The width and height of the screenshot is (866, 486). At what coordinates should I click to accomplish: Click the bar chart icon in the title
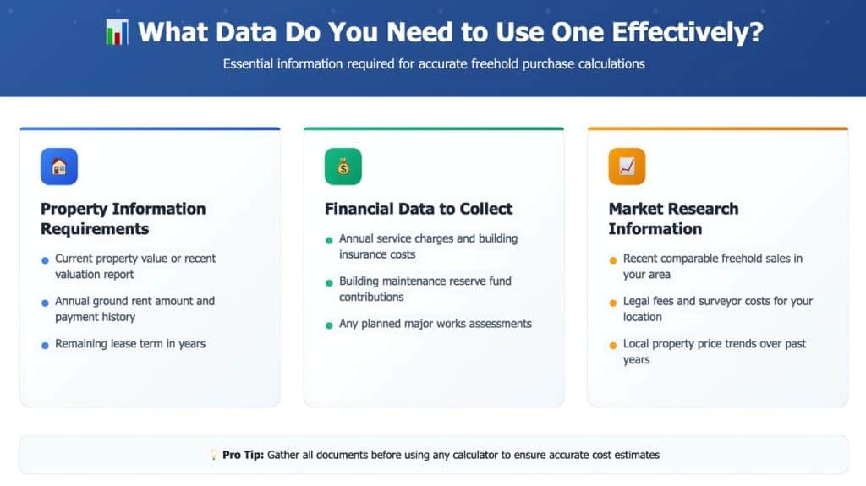(117, 33)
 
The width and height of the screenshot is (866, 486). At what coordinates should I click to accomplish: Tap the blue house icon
(59, 167)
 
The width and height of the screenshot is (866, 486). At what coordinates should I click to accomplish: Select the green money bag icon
(343, 167)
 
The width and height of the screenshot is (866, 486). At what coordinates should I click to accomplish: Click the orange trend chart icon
(627, 167)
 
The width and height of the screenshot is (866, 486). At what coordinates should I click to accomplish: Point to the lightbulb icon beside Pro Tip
(213, 455)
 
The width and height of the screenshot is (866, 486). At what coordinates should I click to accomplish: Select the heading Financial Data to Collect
(419, 209)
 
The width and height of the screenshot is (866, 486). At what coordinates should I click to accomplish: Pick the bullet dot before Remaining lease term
(45, 345)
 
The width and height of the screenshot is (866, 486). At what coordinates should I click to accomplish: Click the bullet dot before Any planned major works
(329, 325)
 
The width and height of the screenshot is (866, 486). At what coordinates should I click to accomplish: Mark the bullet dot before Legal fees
(613, 303)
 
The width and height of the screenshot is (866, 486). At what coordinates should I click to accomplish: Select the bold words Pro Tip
(244, 455)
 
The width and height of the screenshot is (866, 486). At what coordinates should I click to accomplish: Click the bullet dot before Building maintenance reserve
(329, 282)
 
